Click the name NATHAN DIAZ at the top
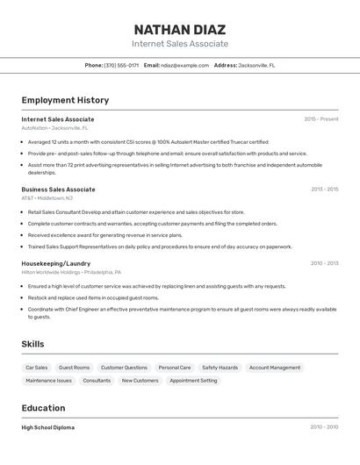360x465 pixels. (x=179, y=29)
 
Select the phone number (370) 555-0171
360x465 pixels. (x=121, y=65)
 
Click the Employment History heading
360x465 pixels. (x=65, y=100)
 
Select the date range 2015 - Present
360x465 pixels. (x=320, y=119)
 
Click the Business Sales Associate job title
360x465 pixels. (x=58, y=190)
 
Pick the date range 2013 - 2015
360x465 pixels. (x=324, y=190)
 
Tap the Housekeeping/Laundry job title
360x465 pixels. (x=55, y=263)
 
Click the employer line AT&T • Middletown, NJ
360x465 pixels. (x=47, y=198)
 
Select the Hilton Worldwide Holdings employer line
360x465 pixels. (x=71, y=272)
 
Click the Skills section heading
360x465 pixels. (x=32, y=344)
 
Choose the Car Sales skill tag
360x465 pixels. (x=37, y=368)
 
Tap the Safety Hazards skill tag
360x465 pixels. (x=220, y=368)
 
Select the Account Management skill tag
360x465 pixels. (x=274, y=368)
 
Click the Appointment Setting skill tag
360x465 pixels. (x=193, y=381)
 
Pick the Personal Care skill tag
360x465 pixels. (x=174, y=368)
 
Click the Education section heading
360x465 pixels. (x=43, y=408)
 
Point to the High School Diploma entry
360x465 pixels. (x=47, y=427)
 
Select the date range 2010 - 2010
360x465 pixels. (x=323, y=427)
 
